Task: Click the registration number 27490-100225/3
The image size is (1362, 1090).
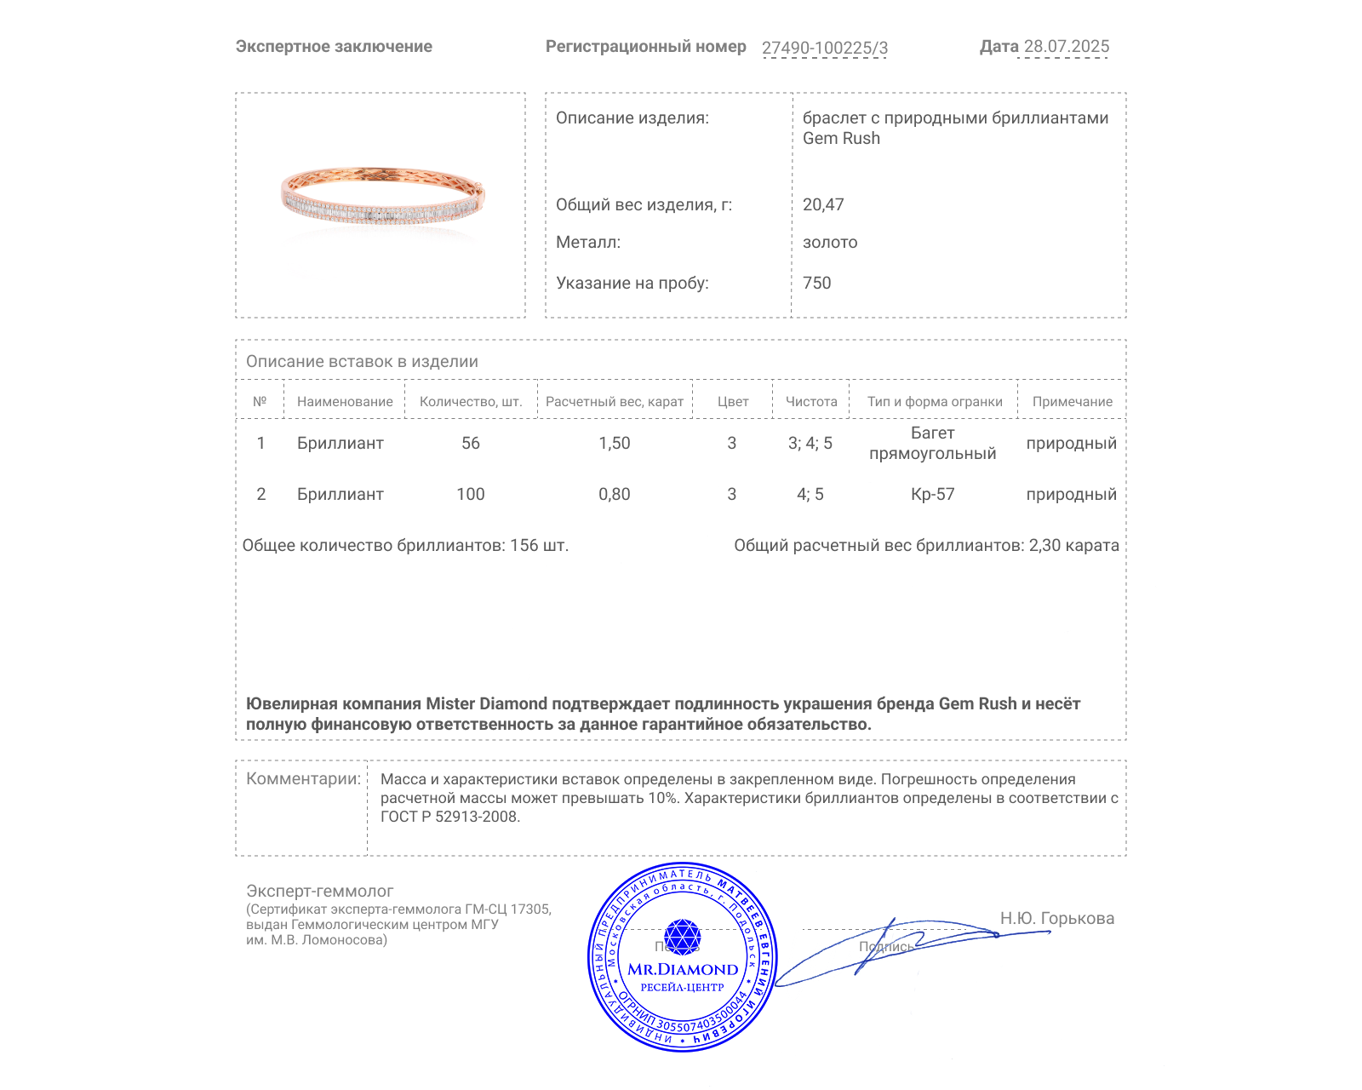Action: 824,48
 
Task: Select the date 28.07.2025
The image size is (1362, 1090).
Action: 1066,47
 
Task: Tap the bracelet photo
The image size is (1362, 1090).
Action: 382,197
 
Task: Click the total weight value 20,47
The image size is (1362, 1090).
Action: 823,204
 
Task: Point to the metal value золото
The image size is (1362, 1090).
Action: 830,243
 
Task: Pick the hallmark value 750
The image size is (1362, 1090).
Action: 816,283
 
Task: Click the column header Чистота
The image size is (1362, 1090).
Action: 811,402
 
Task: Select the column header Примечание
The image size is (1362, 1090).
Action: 1072,402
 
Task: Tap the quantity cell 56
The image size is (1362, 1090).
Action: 471,443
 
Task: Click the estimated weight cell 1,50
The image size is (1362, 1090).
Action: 615,443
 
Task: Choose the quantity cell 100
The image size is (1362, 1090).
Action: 471,494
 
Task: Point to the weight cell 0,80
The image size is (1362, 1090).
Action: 615,494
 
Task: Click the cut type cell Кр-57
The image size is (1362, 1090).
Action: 932,494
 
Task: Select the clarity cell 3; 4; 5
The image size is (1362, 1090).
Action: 810,443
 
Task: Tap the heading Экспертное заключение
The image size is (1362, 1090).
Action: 334,47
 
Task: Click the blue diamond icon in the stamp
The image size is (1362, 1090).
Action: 682,937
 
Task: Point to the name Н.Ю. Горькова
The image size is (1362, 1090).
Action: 1056,918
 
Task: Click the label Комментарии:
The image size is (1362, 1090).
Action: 303,778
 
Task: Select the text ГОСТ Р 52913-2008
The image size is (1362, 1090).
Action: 449,817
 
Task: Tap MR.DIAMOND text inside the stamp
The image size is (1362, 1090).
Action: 683,969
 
